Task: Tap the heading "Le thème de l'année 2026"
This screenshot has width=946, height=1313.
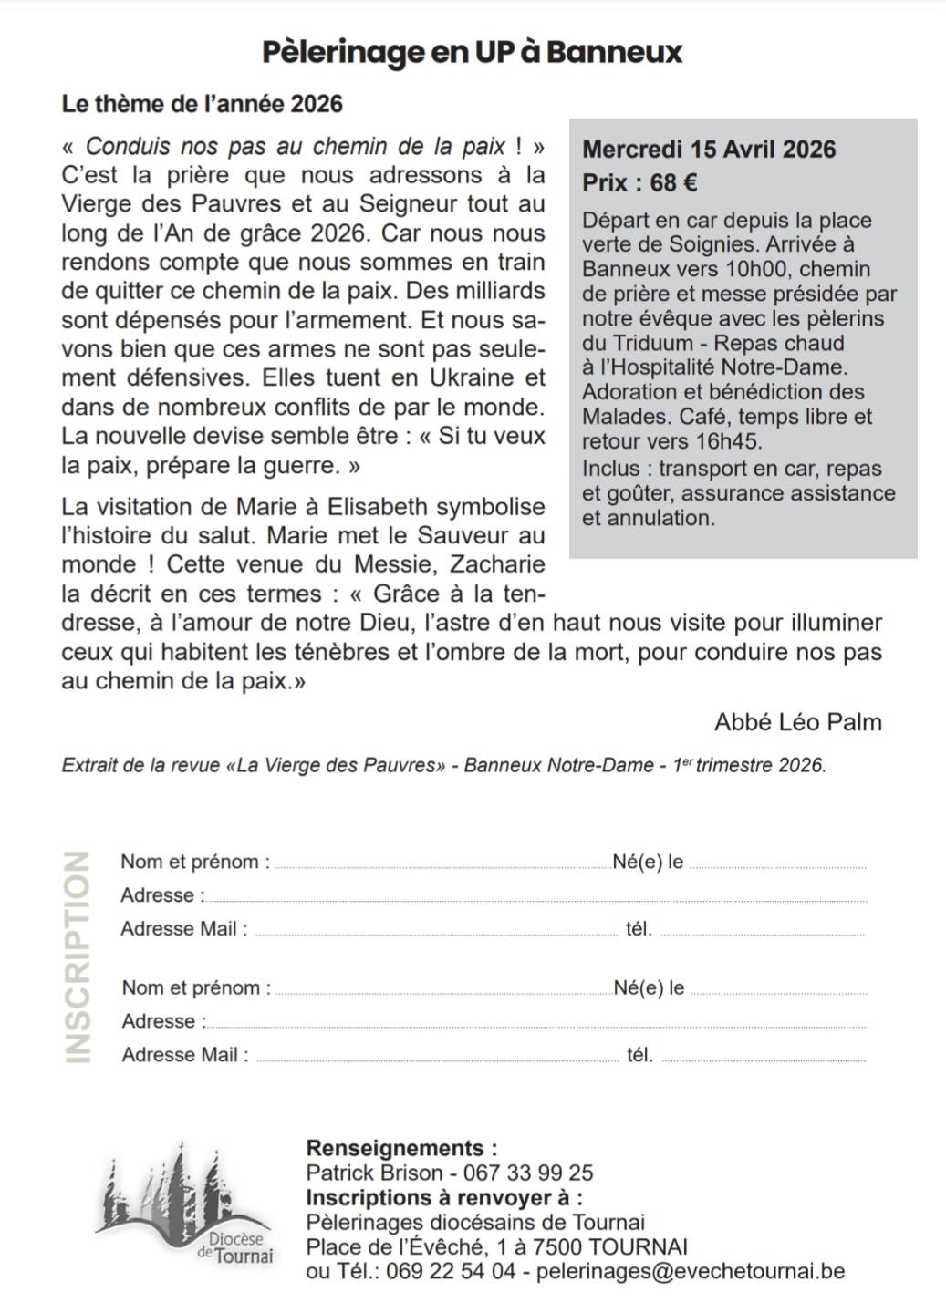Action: pyautogui.click(x=202, y=104)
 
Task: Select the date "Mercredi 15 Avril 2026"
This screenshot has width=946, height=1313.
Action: pyautogui.click(x=709, y=150)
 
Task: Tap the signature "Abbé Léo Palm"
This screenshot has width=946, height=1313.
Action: pyautogui.click(x=797, y=722)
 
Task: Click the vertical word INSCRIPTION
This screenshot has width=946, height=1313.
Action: pyautogui.click(x=78, y=957)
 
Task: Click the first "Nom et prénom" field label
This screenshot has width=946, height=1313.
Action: pyautogui.click(x=195, y=862)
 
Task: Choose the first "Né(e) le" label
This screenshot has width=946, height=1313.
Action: pyautogui.click(x=648, y=862)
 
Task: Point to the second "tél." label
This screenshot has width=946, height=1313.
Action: pyautogui.click(x=639, y=1056)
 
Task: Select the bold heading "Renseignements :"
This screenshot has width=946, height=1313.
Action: pyautogui.click(x=401, y=1148)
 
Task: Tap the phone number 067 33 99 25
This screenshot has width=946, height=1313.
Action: pyautogui.click(x=528, y=1173)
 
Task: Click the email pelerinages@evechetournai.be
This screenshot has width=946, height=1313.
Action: pyautogui.click(x=691, y=1271)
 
